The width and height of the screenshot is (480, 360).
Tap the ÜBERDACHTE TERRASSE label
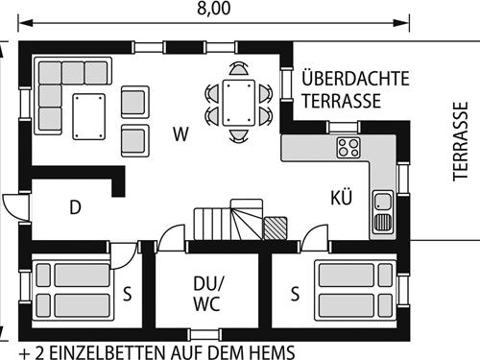[x=341, y=89]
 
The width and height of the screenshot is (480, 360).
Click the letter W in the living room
[x=180, y=132]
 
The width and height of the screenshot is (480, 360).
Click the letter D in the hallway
[x=75, y=206]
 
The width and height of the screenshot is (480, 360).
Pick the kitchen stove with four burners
[x=348, y=148]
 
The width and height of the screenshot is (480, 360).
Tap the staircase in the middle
[x=228, y=224]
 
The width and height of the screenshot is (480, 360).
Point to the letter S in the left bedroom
[x=127, y=294]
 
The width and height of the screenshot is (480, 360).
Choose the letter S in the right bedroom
[x=295, y=294]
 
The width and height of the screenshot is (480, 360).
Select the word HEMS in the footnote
[x=273, y=350]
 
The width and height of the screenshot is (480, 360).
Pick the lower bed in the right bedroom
[x=350, y=306]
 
